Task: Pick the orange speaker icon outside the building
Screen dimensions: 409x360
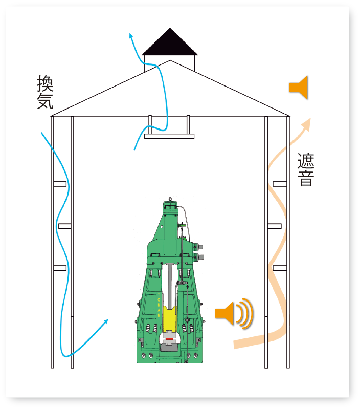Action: (299, 87)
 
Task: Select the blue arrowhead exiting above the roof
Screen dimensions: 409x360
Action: (131, 35)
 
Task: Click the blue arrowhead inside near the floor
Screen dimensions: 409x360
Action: (106, 321)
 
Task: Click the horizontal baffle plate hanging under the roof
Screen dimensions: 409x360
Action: (169, 136)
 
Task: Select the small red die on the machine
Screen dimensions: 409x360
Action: (169, 339)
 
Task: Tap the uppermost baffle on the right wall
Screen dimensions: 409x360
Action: (279, 184)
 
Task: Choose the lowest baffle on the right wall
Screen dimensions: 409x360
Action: (279, 268)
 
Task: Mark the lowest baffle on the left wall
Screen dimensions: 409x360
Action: (60, 268)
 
